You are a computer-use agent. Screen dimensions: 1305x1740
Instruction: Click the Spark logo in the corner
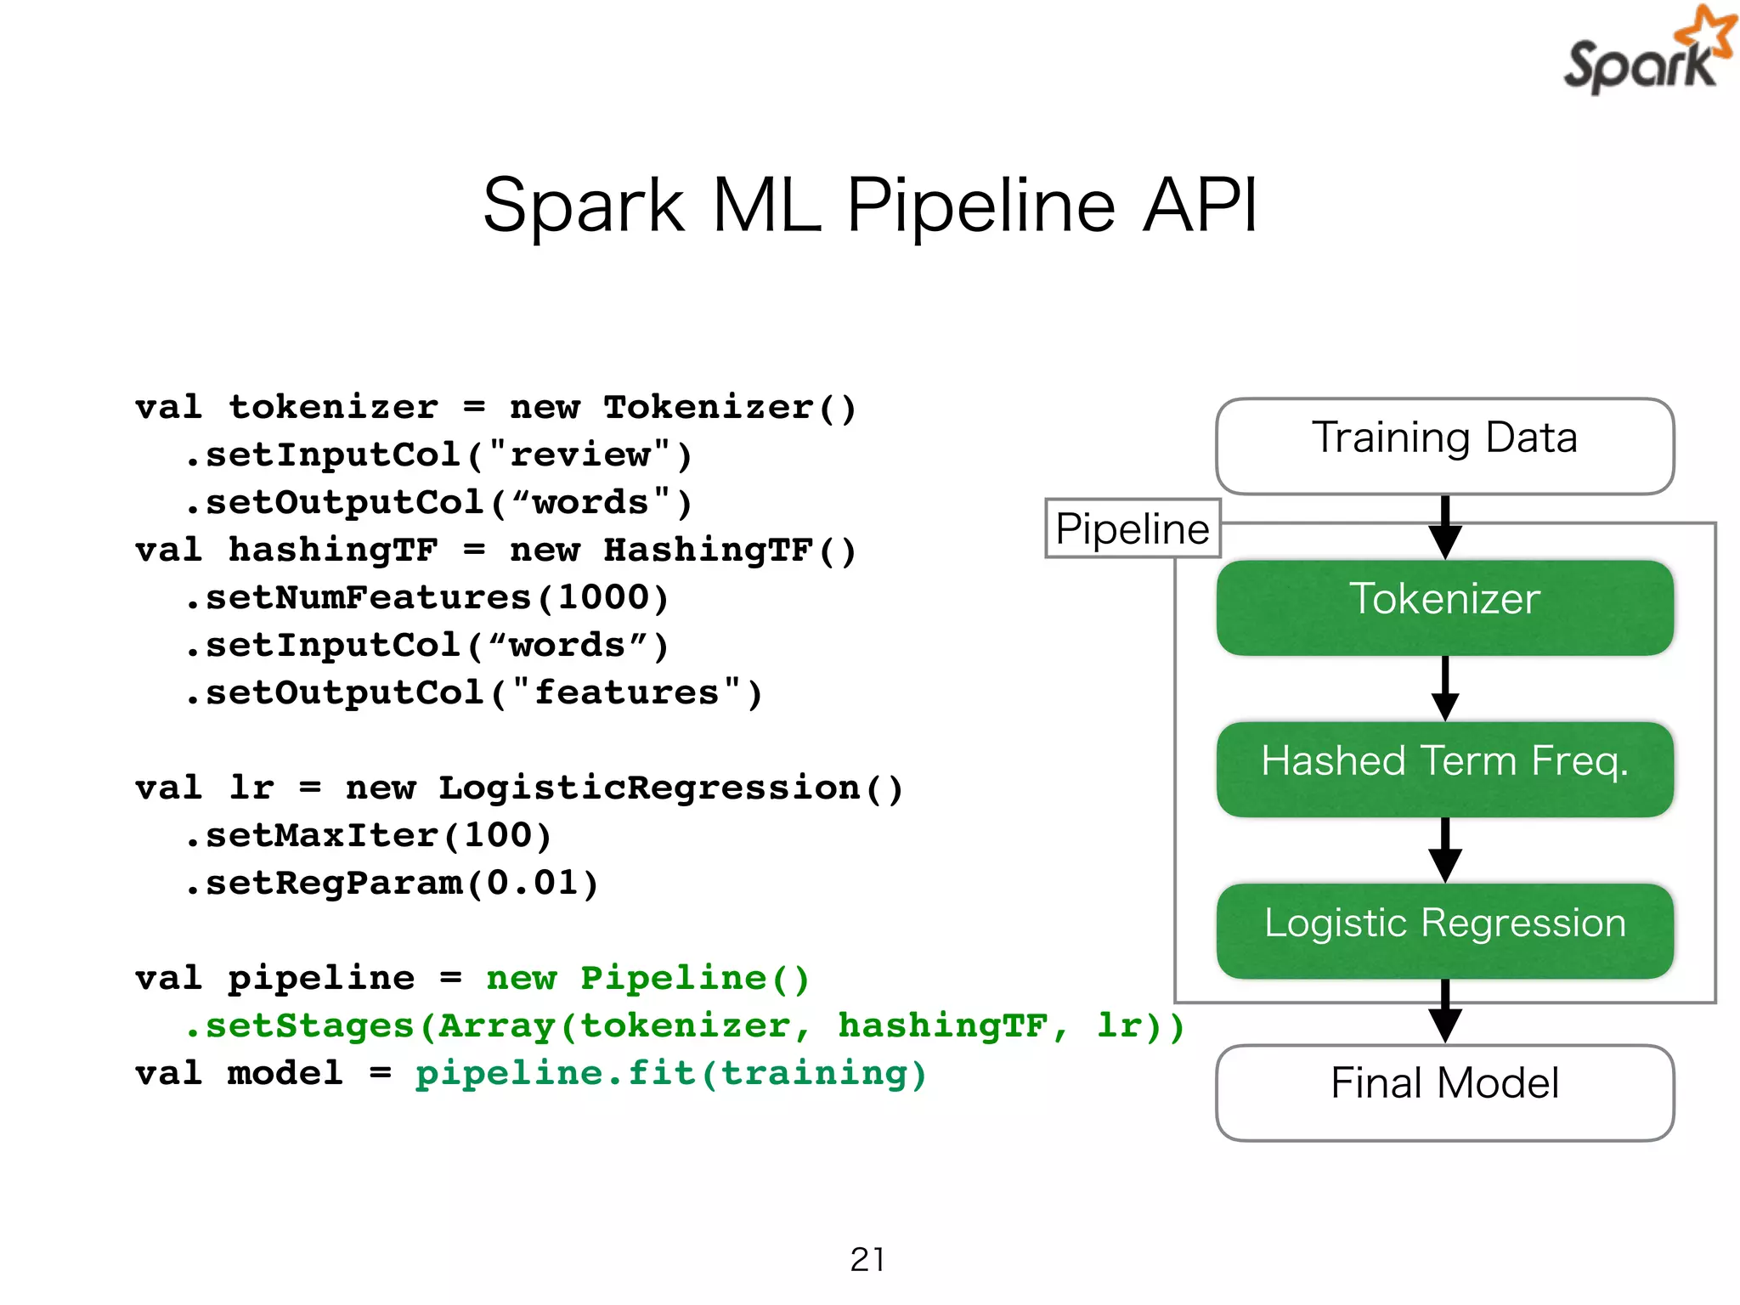point(1645,53)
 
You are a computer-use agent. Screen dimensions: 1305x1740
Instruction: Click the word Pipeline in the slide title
point(980,206)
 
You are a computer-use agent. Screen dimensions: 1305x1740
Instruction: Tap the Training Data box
point(1444,445)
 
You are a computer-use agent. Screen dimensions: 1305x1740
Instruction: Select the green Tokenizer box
point(1444,607)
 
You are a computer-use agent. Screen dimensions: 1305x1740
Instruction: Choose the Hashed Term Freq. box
point(1444,768)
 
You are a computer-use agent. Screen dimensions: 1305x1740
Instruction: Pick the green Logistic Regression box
point(1444,929)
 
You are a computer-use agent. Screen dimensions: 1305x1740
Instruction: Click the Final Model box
point(1444,1091)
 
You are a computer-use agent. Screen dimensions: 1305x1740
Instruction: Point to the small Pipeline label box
point(1132,528)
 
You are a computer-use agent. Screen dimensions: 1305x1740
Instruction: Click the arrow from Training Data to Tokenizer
point(1444,527)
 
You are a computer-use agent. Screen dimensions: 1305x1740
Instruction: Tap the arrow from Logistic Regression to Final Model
point(1444,1011)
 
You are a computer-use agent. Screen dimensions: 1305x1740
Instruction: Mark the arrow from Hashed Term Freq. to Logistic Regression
point(1444,850)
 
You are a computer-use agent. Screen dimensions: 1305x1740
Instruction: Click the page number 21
point(867,1259)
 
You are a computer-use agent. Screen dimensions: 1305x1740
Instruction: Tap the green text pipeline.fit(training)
point(670,1073)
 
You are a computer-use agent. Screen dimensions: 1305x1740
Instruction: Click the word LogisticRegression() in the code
point(670,788)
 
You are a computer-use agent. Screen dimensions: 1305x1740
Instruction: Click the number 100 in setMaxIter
point(497,835)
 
